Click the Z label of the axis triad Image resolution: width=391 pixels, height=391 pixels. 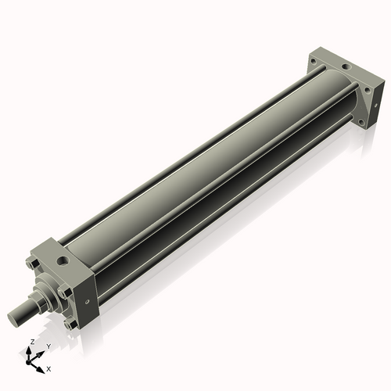pyautogui.click(x=31, y=343)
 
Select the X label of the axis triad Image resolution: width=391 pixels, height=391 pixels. pyautogui.click(x=48, y=368)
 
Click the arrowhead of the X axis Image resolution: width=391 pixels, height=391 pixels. pyautogui.click(x=41, y=364)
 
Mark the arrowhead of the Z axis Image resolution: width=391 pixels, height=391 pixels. pyautogui.click(x=32, y=349)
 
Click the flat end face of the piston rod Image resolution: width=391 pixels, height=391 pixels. pyautogui.click(x=14, y=317)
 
